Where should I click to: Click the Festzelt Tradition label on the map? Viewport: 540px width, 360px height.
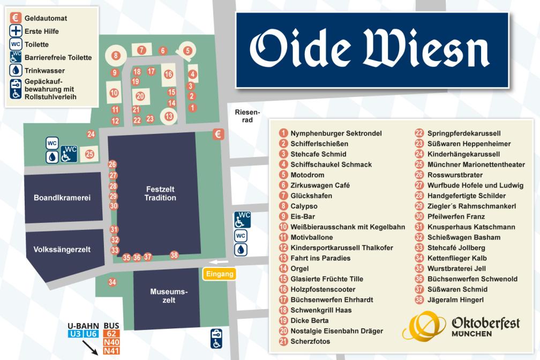pos(160,193)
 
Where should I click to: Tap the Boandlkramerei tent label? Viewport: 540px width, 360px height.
pos(62,198)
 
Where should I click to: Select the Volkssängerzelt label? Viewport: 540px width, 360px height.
pos(62,249)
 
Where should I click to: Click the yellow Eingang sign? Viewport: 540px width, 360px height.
pos(220,274)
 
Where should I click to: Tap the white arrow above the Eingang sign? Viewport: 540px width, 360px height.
pos(220,262)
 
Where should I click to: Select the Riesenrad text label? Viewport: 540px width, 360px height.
pos(247,116)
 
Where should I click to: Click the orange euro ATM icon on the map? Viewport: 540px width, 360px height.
pos(218,134)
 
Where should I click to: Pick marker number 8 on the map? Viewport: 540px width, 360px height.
pos(115,55)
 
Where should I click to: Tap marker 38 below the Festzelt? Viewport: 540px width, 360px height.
pos(174,255)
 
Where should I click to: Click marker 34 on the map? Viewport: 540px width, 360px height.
pos(112,282)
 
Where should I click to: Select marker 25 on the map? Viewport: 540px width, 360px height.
pos(89,154)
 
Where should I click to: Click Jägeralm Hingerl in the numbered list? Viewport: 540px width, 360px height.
pos(455,300)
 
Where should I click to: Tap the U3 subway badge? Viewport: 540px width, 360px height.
pos(75,334)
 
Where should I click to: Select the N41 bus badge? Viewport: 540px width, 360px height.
pos(111,351)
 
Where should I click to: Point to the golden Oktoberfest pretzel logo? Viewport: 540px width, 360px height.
pos(424,325)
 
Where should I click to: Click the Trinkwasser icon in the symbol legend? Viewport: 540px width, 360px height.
pos(16,71)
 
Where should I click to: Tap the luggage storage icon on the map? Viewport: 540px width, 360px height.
pos(216,339)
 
